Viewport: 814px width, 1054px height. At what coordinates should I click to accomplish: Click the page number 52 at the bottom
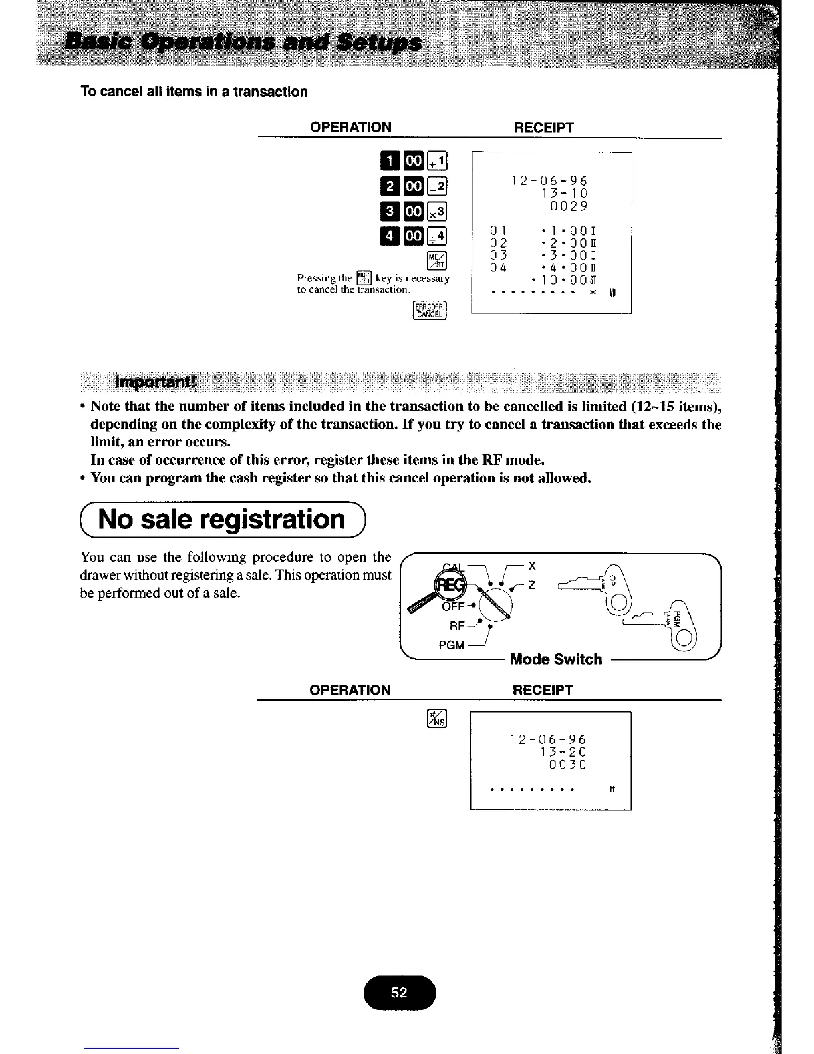pos(399,993)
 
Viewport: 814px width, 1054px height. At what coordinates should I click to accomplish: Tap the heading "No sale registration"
pos(222,519)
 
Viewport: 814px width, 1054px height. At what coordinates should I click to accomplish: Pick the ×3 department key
pos(438,211)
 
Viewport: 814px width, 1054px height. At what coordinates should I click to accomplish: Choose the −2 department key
pos(438,186)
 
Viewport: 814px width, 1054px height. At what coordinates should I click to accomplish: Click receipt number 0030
pos(567,765)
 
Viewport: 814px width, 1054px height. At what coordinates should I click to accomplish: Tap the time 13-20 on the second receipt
pos(563,752)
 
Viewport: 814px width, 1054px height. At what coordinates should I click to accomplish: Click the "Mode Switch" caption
pos(555,659)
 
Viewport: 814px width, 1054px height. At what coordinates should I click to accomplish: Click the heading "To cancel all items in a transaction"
pos(194,92)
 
